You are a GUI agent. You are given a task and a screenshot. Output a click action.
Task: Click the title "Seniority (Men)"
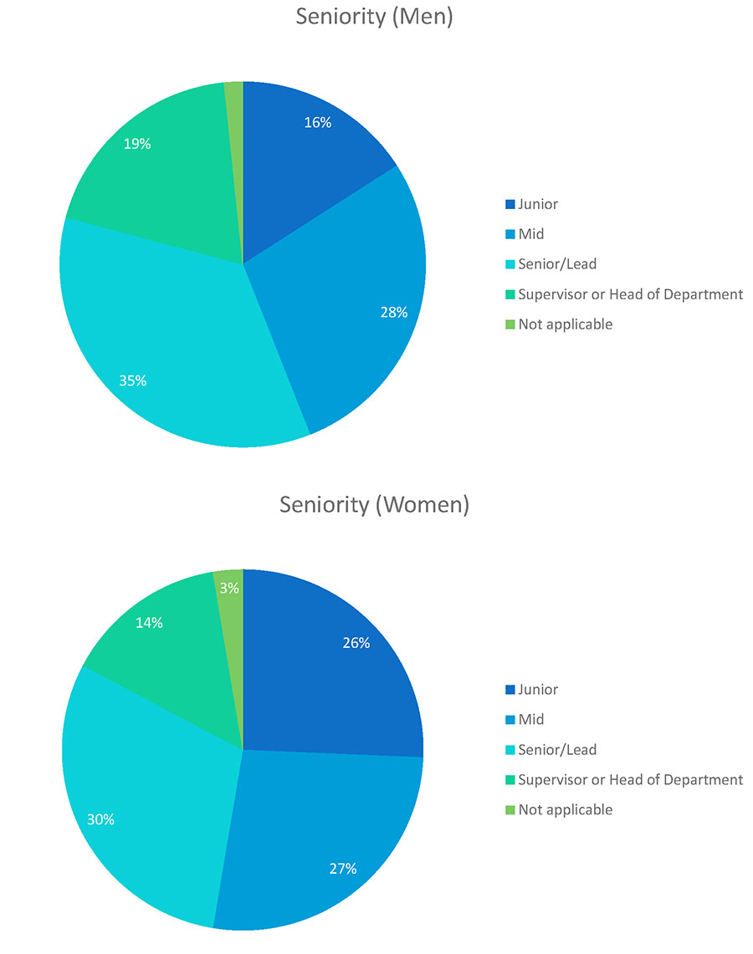(x=374, y=17)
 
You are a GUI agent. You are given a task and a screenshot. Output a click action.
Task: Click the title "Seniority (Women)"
(x=374, y=505)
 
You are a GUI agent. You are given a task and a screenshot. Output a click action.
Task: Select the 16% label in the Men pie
(x=318, y=123)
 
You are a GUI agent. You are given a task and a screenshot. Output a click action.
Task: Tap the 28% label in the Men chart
(x=393, y=313)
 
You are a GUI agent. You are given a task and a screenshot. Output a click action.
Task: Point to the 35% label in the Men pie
(x=133, y=380)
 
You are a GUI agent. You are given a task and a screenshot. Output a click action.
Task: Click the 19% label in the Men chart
(x=137, y=144)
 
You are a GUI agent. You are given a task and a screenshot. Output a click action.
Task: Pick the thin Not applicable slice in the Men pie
(x=235, y=117)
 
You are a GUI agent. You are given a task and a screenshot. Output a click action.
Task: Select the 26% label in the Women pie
(x=356, y=643)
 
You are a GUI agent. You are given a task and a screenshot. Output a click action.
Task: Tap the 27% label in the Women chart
(x=343, y=869)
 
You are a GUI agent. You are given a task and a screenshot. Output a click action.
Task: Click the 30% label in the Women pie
(x=100, y=819)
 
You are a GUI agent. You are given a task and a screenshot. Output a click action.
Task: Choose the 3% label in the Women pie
(x=229, y=588)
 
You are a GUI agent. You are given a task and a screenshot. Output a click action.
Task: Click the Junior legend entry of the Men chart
(x=537, y=204)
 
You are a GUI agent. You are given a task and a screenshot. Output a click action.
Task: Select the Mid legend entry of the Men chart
(x=530, y=234)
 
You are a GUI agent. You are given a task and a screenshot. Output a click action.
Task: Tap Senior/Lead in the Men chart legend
(x=557, y=264)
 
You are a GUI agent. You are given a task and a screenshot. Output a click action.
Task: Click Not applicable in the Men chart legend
(x=565, y=324)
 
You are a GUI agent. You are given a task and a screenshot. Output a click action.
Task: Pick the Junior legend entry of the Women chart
(x=537, y=690)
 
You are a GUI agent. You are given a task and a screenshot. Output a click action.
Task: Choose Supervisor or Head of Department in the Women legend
(x=630, y=780)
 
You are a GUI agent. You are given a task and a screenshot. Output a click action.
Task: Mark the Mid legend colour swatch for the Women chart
(x=509, y=720)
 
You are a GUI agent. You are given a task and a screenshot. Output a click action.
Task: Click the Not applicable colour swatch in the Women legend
(x=509, y=810)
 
